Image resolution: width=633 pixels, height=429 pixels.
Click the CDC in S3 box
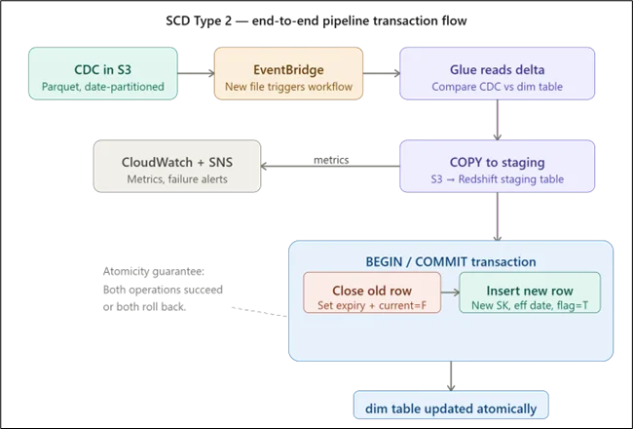coord(102,77)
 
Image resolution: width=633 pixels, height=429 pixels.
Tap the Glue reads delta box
coord(499,77)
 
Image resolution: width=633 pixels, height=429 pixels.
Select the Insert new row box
coord(530,297)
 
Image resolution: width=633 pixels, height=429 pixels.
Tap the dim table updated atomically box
coord(449,406)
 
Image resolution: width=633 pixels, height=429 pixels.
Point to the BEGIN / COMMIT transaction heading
coord(450,262)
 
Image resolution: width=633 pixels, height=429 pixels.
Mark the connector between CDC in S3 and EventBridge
coord(194,73)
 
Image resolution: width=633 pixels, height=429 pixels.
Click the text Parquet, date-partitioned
coord(102,86)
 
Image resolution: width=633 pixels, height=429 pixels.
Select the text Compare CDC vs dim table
coord(499,86)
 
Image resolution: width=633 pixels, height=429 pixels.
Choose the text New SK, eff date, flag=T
coord(530,306)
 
